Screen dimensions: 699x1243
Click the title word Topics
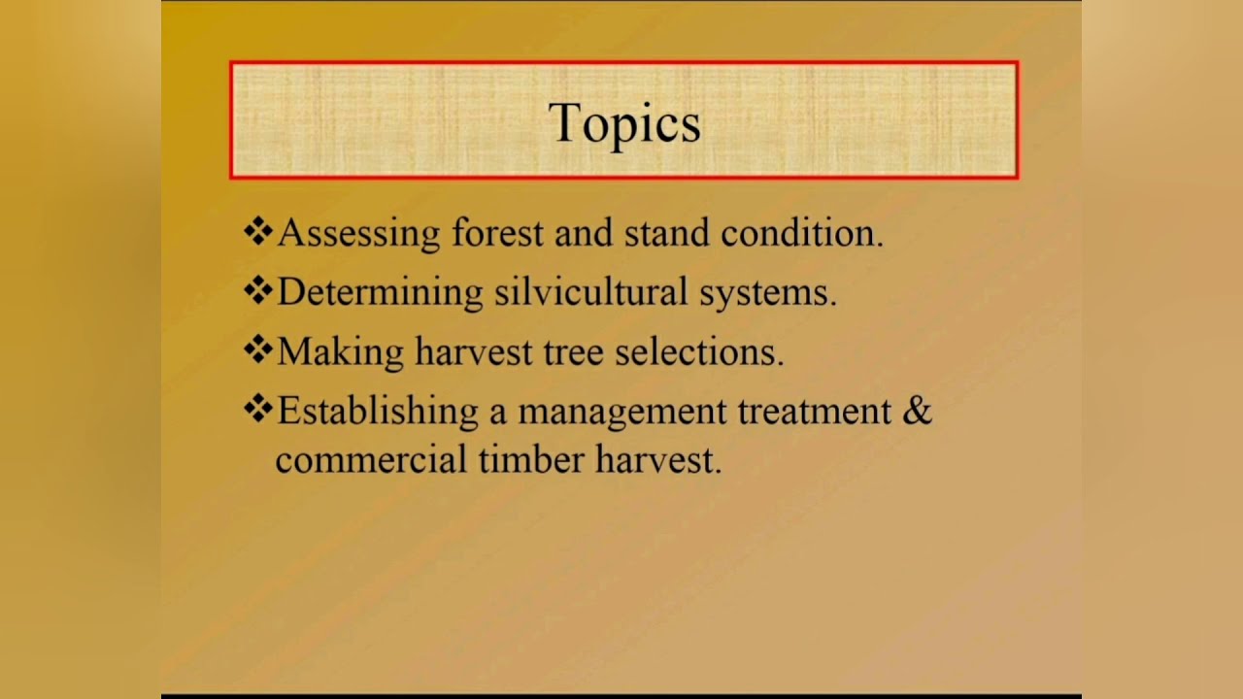pyautogui.click(x=623, y=123)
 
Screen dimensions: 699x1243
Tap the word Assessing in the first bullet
pyautogui.click(x=359, y=234)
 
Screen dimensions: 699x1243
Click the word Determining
pyautogui.click(x=380, y=293)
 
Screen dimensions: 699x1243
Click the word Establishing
pyautogui.click(x=378, y=412)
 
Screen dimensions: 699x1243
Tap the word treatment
pyautogui.click(x=814, y=412)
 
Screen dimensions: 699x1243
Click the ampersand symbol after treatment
pyautogui.click(x=917, y=411)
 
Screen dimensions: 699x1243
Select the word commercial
pyautogui.click(x=370, y=459)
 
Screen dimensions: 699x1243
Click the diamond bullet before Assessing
pyautogui.click(x=257, y=232)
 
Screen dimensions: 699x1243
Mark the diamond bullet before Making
pyautogui.click(x=257, y=350)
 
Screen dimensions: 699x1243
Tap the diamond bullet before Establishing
pyautogui.click(x=257, y=410)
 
